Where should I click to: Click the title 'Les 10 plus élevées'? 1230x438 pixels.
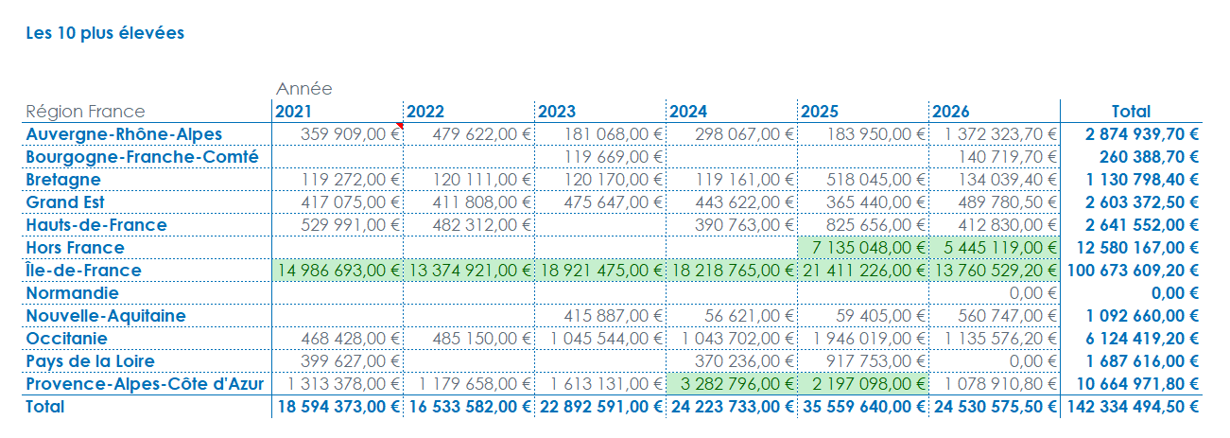point(105,33)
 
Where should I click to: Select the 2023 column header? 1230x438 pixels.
point(556,112)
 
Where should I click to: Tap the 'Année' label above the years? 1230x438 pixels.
point(304,89)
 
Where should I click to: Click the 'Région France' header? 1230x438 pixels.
point(85,112)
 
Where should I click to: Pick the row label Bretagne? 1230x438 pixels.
point(63,180)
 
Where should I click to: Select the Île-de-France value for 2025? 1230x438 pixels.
point(863,271)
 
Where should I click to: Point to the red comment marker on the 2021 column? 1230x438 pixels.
point(400,126)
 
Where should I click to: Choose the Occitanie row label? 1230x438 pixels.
point(66,339)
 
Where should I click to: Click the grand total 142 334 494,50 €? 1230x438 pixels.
point(1133,407)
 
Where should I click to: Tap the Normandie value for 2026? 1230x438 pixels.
point(1032,293)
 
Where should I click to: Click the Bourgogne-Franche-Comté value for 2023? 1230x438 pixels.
point(614,157)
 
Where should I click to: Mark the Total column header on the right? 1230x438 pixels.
point(1131,112)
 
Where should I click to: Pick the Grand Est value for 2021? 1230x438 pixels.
point(351,202)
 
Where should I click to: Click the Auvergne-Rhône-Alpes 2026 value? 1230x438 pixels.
point(1000,134)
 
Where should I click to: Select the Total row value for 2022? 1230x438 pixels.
point(470,407)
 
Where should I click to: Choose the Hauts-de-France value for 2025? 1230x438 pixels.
point(875,225)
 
